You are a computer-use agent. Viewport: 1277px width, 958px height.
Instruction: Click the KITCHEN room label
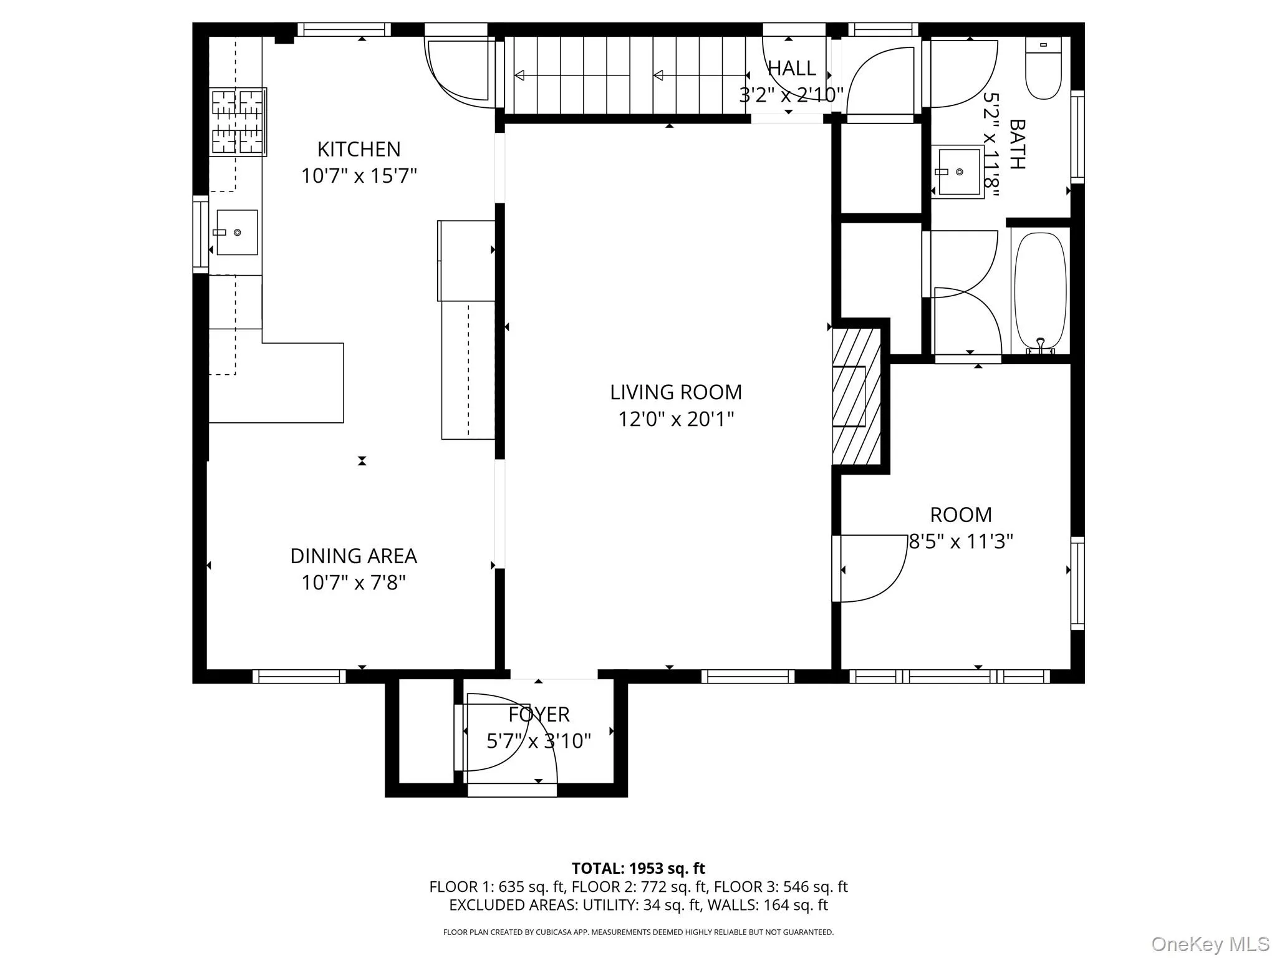coord(359,149)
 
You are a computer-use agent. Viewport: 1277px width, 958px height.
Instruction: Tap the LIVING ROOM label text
coord(676,392)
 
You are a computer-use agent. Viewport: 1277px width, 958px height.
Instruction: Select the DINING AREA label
coord(354,556)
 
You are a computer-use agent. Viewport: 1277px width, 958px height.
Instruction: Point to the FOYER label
coord(539,714)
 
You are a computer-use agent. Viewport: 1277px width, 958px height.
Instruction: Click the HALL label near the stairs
coord(791,68)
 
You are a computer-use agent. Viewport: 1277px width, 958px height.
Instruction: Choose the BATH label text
coord(1017,144)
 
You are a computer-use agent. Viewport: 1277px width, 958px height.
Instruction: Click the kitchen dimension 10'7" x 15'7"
coord(359,176)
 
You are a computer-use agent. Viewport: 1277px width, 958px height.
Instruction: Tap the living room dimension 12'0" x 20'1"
coord(676,419)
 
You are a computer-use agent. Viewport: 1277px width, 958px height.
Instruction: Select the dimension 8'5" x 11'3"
coord(961,541)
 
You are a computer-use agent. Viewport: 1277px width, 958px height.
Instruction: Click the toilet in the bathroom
coord(1043,68)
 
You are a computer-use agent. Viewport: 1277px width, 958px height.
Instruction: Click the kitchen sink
coord(237,232)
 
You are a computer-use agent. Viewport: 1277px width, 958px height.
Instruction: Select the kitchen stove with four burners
coord(238,122)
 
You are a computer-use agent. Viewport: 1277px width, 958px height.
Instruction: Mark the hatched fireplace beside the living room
coord(857,396)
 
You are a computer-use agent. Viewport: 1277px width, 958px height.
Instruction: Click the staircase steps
coord(625,75)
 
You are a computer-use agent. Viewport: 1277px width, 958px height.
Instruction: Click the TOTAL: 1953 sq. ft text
coord(638,868)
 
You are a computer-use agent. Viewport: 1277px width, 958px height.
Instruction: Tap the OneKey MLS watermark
coord(1210,944)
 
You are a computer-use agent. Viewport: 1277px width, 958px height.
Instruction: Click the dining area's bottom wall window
coord(299,676)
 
